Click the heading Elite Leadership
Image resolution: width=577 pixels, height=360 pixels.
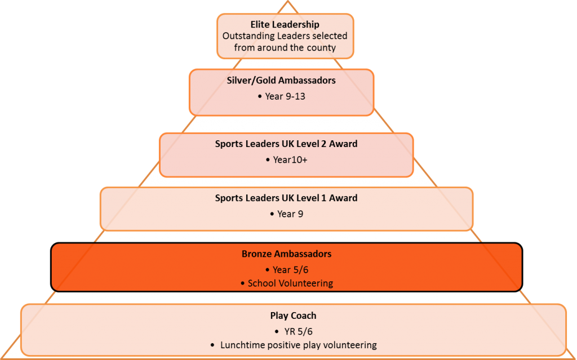click(285, 25)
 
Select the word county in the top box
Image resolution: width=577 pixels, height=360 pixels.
click(321, 48)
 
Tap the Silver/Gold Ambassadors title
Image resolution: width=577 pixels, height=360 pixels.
click(281, 81)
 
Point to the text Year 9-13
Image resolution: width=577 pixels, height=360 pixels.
click(285, 96)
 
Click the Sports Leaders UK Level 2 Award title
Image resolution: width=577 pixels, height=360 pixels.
click(286, 144)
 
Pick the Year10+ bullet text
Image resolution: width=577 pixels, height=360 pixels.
click(290, 160)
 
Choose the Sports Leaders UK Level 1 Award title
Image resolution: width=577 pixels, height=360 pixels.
click(286, 198)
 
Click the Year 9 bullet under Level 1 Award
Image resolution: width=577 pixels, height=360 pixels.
click(290, 214)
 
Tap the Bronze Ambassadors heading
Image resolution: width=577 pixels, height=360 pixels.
click(287, 254)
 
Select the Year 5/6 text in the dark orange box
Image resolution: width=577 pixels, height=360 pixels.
click(290, 270)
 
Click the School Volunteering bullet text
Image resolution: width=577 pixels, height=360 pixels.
click(290, 283)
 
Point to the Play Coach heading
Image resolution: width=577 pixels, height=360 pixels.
click(293, 316)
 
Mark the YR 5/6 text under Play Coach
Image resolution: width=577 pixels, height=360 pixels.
click(299, 332)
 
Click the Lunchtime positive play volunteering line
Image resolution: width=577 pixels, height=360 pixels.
click(299, 345)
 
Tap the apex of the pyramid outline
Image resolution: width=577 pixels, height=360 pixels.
click(288, 1)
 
